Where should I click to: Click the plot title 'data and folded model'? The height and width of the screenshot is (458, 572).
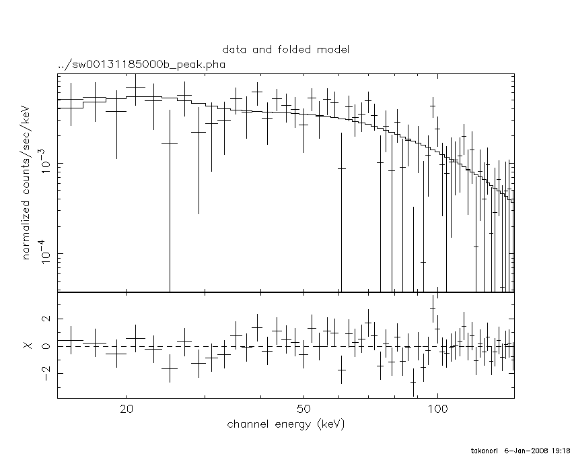point(286,50)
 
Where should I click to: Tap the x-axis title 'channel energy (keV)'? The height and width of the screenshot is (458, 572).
point(286,424)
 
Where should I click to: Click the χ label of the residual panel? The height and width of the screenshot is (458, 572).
point(28,346)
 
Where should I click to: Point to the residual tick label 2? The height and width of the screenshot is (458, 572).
point(46,319)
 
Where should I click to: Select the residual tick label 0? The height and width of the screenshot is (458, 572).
point(46,346)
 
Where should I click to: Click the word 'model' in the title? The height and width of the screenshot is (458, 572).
point(334,50)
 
